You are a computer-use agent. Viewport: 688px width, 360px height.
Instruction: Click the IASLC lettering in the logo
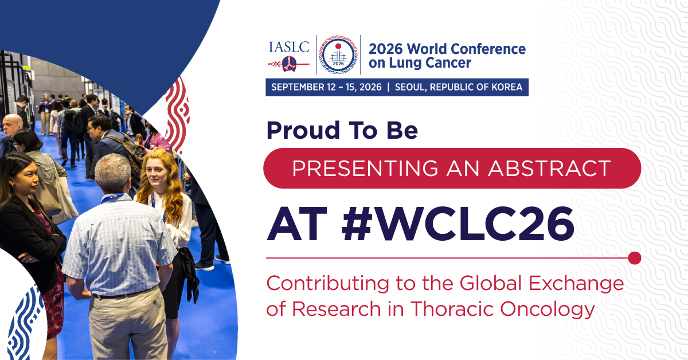pyautogui.click(x=289, y=47)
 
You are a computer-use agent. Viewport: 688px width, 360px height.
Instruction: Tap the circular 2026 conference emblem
pyautogui.click(x=338, y=54)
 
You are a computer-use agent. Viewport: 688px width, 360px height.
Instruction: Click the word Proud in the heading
pyautogui.click(x=303, y=130)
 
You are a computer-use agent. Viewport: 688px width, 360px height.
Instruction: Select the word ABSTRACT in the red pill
pyautogui.click(x=549, y=168)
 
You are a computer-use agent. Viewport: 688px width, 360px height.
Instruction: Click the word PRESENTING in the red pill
pyautogui.click(x=365, y=168)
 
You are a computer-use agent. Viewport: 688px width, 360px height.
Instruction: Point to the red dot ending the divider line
pyautogui.click(x=635, y=258)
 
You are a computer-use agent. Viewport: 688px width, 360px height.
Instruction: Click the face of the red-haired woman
pyautogui.click(x=157, y=174)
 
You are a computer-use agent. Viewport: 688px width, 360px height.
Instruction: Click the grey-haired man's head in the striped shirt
pyautogui.click(x=113, y=173)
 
